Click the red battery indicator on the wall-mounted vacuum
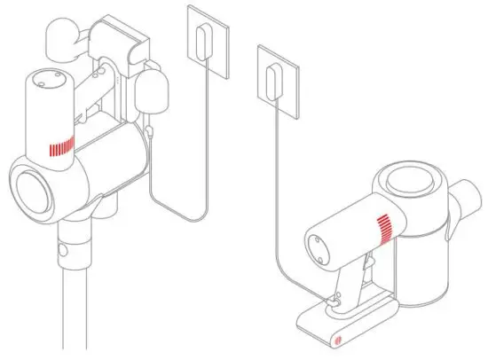point(60,145)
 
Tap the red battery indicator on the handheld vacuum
point(385,228)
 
